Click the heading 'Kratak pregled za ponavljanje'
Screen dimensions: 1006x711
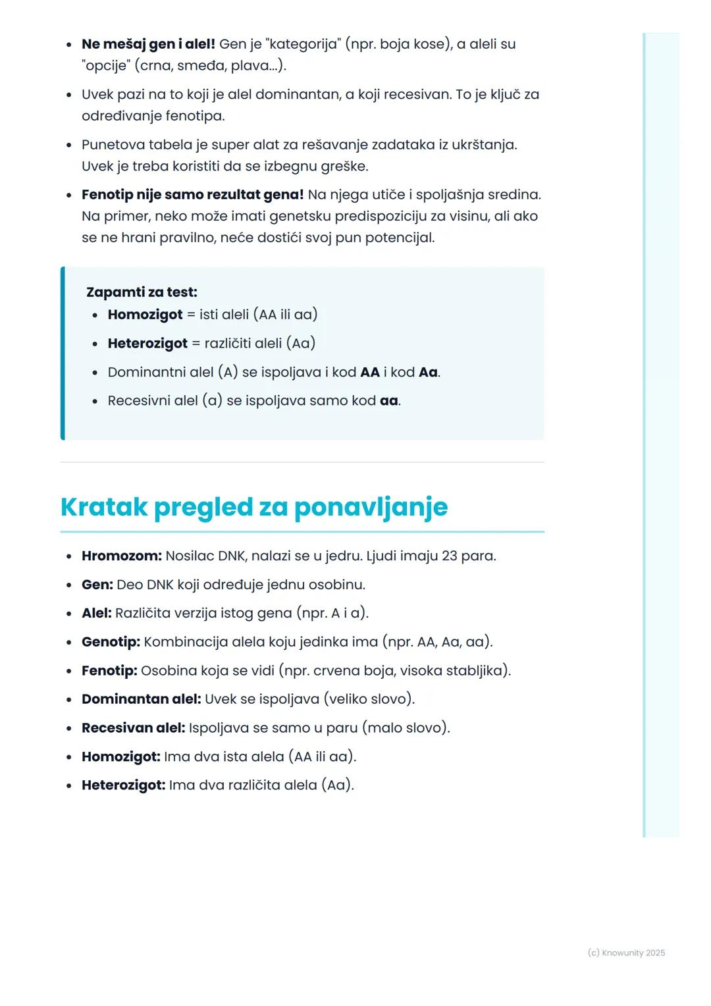tap(253, 507)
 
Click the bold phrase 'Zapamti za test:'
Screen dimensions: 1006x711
tap(142, 292)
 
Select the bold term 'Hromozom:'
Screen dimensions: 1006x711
tap(121, 556)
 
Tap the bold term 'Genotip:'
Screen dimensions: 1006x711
tap(111, 641)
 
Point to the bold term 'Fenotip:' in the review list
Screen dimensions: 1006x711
tap(109, 670)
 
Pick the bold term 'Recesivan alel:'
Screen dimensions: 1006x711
tap(133, 728)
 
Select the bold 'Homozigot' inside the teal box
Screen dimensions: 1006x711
tap(145, 314)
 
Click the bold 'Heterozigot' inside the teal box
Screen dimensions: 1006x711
tap(147, 343)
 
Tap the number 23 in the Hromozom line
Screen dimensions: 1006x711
tap(449, 556)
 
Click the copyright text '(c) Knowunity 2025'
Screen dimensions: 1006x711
tap(626, 953)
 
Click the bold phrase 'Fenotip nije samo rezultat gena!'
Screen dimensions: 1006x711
tap(192, 194)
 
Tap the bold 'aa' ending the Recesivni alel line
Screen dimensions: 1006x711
tap(388, 400)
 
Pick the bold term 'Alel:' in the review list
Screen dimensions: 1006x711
tap(96, 613)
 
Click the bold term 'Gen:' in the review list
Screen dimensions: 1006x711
tap(97, 584)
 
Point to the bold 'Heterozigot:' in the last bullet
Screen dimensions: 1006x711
tap(123, 785)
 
